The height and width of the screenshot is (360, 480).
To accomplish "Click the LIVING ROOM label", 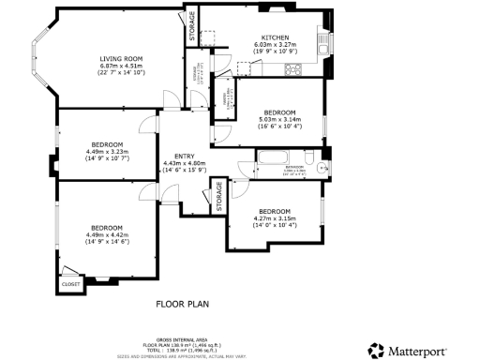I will (x=120, y=59).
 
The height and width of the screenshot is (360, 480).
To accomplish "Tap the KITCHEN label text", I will (x=274, y=37).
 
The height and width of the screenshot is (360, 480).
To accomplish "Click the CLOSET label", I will (x=70, y=282).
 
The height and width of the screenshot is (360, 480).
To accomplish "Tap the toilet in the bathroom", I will (x=322, y=168).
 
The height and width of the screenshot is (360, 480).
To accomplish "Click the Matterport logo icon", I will (x=376, y=350).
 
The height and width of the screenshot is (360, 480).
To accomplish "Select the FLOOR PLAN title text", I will (x=182, y=304).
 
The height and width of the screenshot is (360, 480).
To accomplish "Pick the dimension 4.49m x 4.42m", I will (x=106, y=235).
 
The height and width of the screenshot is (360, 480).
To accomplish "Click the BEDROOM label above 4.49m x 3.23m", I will (x=106, y=145).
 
